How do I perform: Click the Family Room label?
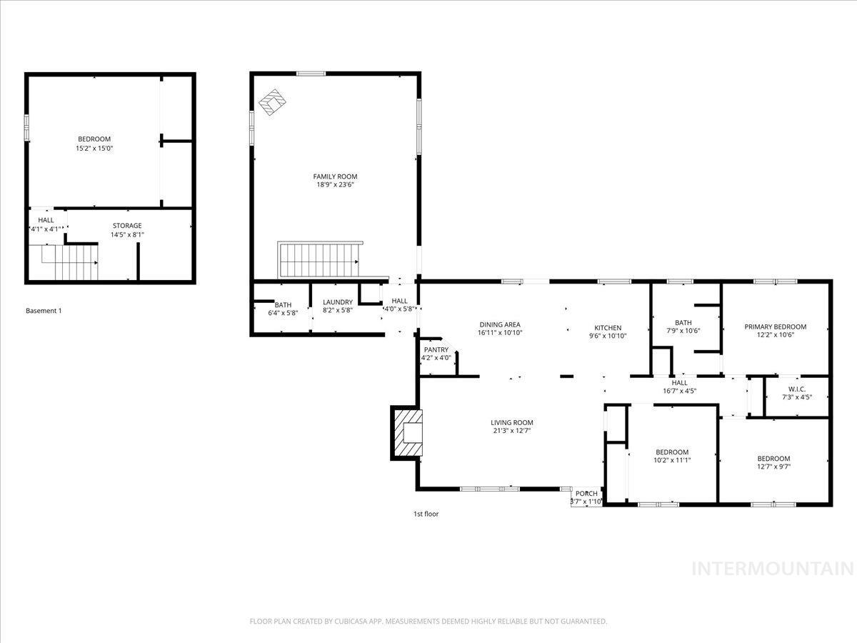tap(335, 176)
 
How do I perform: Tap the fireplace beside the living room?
tap(407, 432)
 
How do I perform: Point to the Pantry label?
tap(436, 349)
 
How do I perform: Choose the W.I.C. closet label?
tap(796, 389)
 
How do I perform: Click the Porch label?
tap(586, 493)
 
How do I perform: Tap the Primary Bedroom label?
tap(775, 327)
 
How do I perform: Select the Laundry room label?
tap(338, 302)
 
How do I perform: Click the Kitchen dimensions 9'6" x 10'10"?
tap(608, 336)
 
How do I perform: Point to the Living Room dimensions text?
tap(511, 431)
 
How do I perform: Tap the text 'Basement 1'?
tap(44, 311)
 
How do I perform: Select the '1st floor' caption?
tap(426, 514)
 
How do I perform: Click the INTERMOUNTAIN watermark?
tap(773, 569)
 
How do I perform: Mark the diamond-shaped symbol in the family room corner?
tap(272, 102)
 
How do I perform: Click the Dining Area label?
tap(499, 324)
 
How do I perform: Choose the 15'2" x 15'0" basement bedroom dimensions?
tap(94, 148)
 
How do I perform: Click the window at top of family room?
tap(311, 74)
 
